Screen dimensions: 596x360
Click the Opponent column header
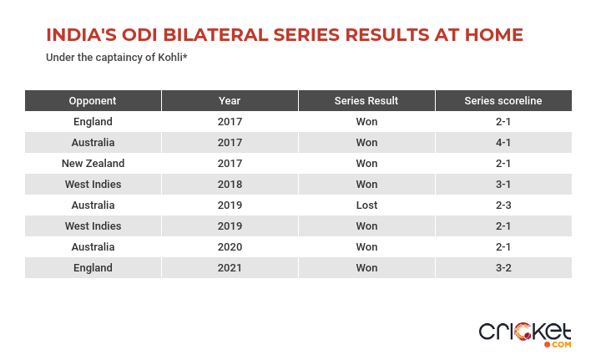[93, 101]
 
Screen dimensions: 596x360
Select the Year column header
[230, 101]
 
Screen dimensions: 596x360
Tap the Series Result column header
[366, 101]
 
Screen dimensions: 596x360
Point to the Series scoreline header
[503, 101]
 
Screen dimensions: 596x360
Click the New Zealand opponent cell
[93, 164]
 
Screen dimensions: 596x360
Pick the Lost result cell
[366, 205]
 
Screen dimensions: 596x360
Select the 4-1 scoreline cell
[503, 143]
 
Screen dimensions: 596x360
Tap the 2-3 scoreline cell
[503, 205]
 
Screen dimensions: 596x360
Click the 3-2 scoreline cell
[503, 268]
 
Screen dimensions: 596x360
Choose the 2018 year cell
[230, 185]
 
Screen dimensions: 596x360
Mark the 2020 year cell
[230, 247]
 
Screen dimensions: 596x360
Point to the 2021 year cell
[230, 268]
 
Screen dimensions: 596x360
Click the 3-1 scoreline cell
[503, 185]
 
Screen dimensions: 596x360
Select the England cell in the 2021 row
[93, 268]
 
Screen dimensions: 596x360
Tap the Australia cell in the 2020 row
[93, 247]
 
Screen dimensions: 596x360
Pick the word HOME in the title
[494, 35]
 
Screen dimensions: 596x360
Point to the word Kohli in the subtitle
[170, 58]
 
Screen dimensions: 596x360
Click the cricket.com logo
[525, 335]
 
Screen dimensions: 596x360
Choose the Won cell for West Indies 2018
[366, 185]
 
